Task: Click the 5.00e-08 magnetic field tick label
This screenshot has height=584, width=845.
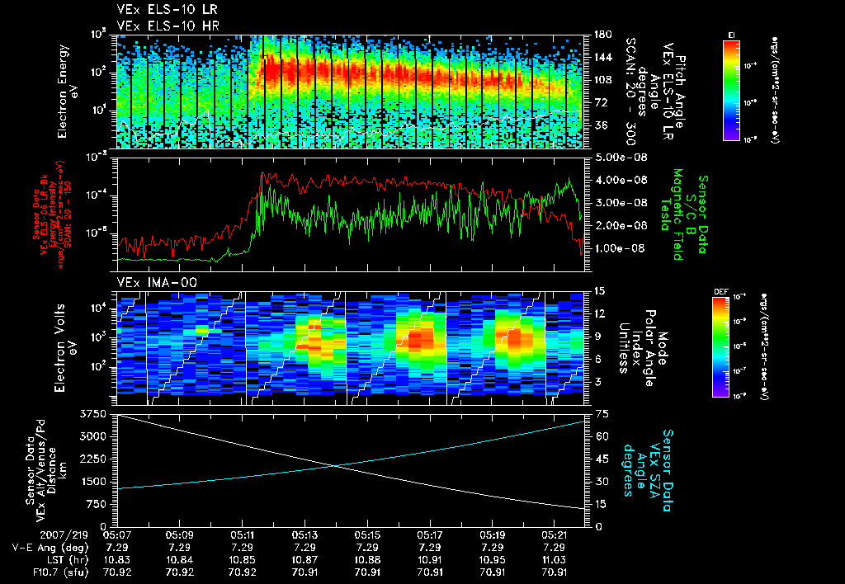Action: pyautogui.click(x=618, y=157)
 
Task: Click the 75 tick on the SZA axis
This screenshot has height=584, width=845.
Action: pyautogui.click(x=597, y=412)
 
